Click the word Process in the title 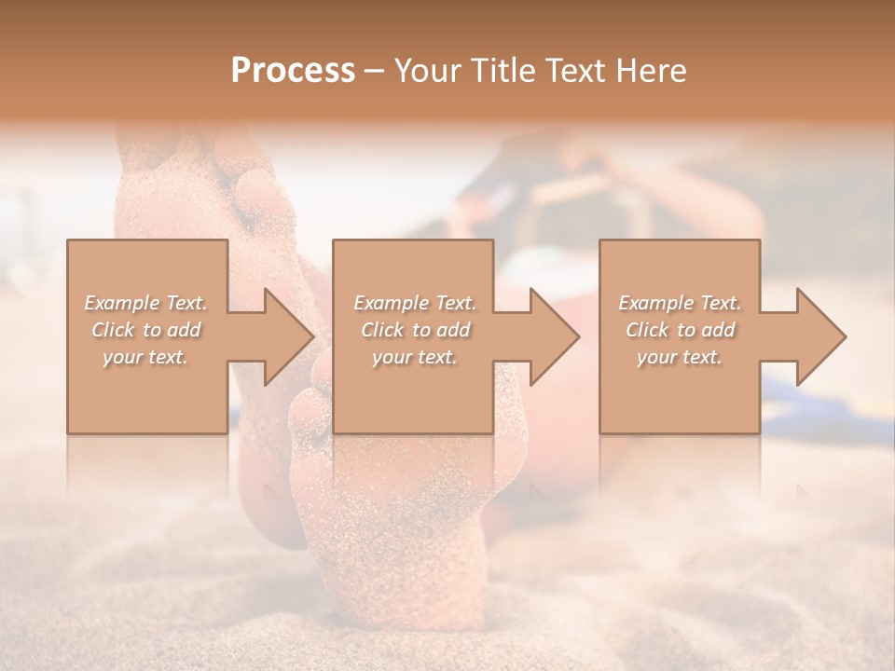pyautogui.click(x=293, y=71)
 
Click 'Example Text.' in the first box pyautogui.click(x=146, y=303)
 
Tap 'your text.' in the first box pyautogui.click(x=146, y=357)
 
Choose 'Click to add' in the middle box pyautogui.click(x=415, y=330)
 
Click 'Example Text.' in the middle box pyautogui.click(x=415, y=303)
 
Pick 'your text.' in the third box pyautogui.click(x=680, y=357)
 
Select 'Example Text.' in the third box pyautogui.click(x=680, y=303)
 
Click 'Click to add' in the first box pyautogui.click(x=146, y=330)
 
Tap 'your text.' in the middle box pyautogui.click(x=415, y=357)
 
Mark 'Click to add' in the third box pyautogui.click(x=680, y=330)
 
